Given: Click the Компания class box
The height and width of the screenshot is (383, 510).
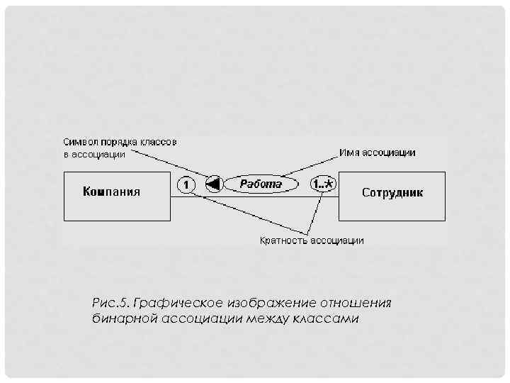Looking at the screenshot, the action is tap(116, 196).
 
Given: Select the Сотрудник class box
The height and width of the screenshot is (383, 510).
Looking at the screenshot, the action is tap(392, 196).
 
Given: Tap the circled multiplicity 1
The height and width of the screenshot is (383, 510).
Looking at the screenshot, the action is tap(184, 185).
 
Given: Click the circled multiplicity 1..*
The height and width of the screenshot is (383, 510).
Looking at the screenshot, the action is tap(323, 184).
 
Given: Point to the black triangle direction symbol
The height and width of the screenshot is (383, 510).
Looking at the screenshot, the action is tap(213, 184).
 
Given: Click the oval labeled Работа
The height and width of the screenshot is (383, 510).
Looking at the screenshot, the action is tap(261, 184).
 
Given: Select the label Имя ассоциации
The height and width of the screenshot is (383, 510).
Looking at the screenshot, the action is tap(378, 152).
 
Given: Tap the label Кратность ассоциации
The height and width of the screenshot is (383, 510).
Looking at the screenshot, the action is tap(312, 240).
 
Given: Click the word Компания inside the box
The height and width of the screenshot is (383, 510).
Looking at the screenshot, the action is tap(111, 191).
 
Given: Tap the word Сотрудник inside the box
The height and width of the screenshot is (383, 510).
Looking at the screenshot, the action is tap(392, 192).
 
